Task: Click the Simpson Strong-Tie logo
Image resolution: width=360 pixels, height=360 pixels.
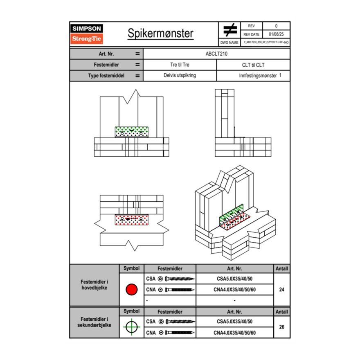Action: click(x=87, y=34)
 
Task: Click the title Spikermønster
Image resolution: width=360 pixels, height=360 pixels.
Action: click(x=160, y=34)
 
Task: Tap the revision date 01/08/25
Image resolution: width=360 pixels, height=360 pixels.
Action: click(x=276, y=34)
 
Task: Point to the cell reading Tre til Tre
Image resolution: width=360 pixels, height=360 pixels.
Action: click(x=180, y=65)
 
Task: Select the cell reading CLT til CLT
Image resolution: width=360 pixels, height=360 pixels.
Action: click(x=253, y=65)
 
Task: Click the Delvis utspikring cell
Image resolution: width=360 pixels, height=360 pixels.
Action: click(x=180, y=76)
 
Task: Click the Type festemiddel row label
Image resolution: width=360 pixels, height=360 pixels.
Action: click(x=106, y=76)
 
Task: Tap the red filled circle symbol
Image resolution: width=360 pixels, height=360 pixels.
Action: click(x=131, y=290)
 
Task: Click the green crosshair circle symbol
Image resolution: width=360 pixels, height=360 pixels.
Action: click(x=131, y=327)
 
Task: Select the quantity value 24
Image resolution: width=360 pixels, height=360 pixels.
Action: click(x=281, y=290)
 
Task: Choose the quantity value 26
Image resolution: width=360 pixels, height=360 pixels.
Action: click(x=281, y=327)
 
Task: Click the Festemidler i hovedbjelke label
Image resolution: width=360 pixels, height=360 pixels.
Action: click(x=94, y=285)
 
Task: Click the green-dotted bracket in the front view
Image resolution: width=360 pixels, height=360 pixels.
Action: click(x=131, y=132)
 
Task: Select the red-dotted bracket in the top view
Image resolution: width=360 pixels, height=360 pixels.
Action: click(x=131, y=220)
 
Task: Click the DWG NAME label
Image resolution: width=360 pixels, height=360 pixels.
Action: click(x=229, y=42)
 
